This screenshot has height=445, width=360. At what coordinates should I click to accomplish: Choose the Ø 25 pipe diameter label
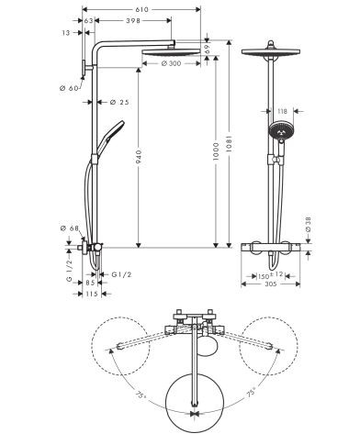coord(118,101)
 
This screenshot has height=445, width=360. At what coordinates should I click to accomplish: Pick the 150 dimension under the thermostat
coord(261,274)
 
